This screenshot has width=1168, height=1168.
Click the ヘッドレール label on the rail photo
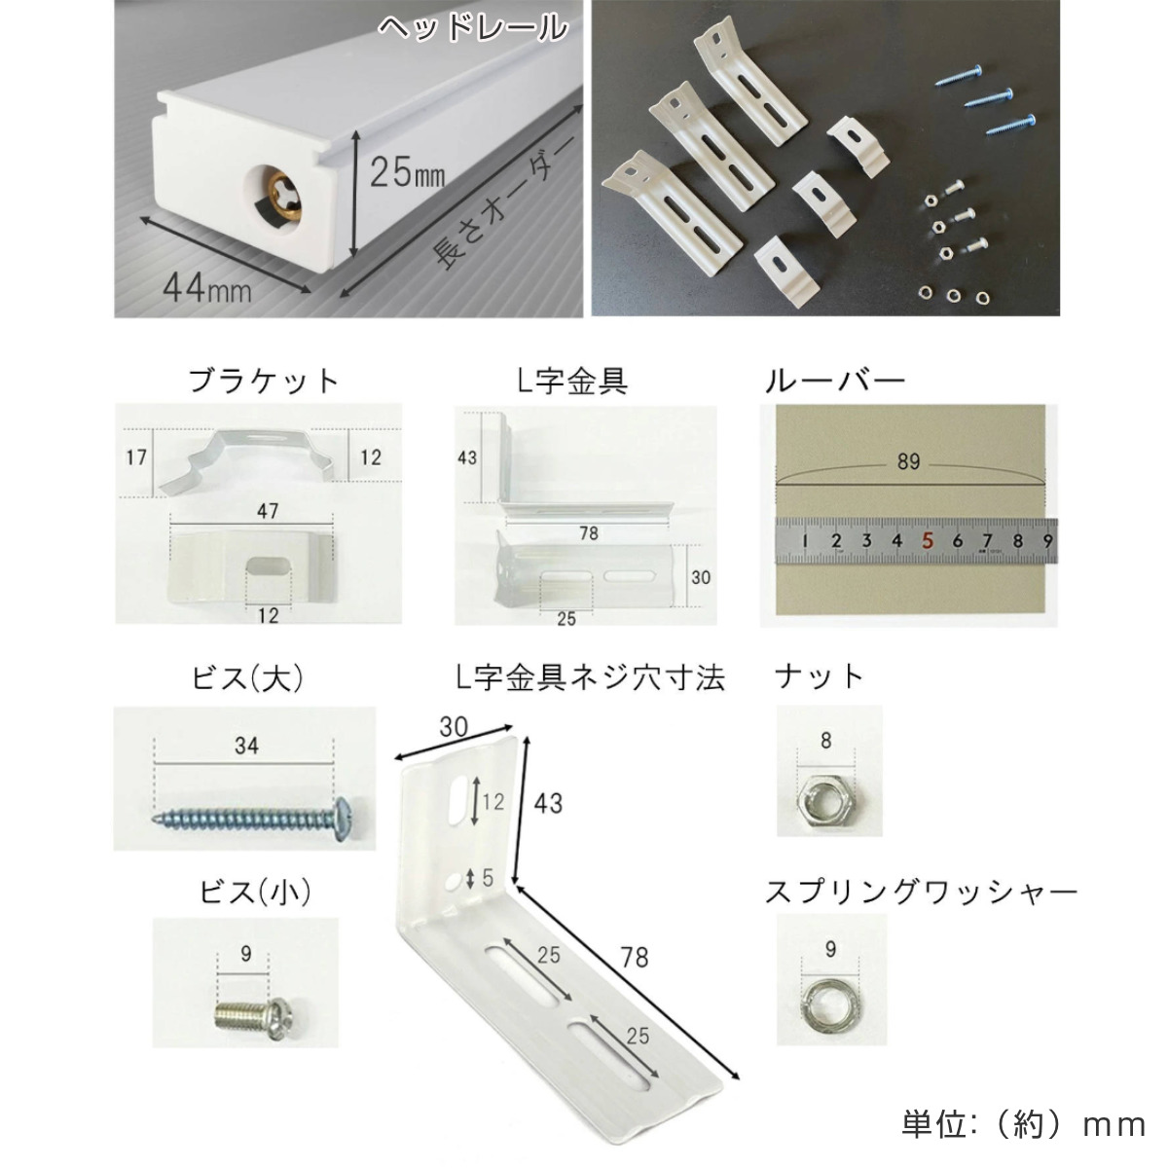coord(473,28)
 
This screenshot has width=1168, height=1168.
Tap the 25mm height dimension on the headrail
coord(407,171)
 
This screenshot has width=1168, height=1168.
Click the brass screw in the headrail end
coord(286,194)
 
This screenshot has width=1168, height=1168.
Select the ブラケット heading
coord(263,381)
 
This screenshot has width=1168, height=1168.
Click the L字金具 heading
coord(572,381)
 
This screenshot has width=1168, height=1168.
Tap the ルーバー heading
coord(834,381)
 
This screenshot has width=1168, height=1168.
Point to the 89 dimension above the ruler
coord(908,462)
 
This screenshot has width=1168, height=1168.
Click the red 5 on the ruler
coord(927,540)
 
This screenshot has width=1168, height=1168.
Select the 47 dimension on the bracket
coord(268,511)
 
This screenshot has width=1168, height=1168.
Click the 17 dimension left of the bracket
coord(135,456)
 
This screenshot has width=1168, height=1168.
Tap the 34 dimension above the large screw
coord(246,746)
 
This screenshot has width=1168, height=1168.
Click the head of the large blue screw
coord(343,819)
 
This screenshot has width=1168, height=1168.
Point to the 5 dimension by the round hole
coord(488,878)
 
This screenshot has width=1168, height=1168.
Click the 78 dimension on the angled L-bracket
coord(634,957)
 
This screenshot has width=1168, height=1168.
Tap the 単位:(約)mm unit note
coord(1024,1125)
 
